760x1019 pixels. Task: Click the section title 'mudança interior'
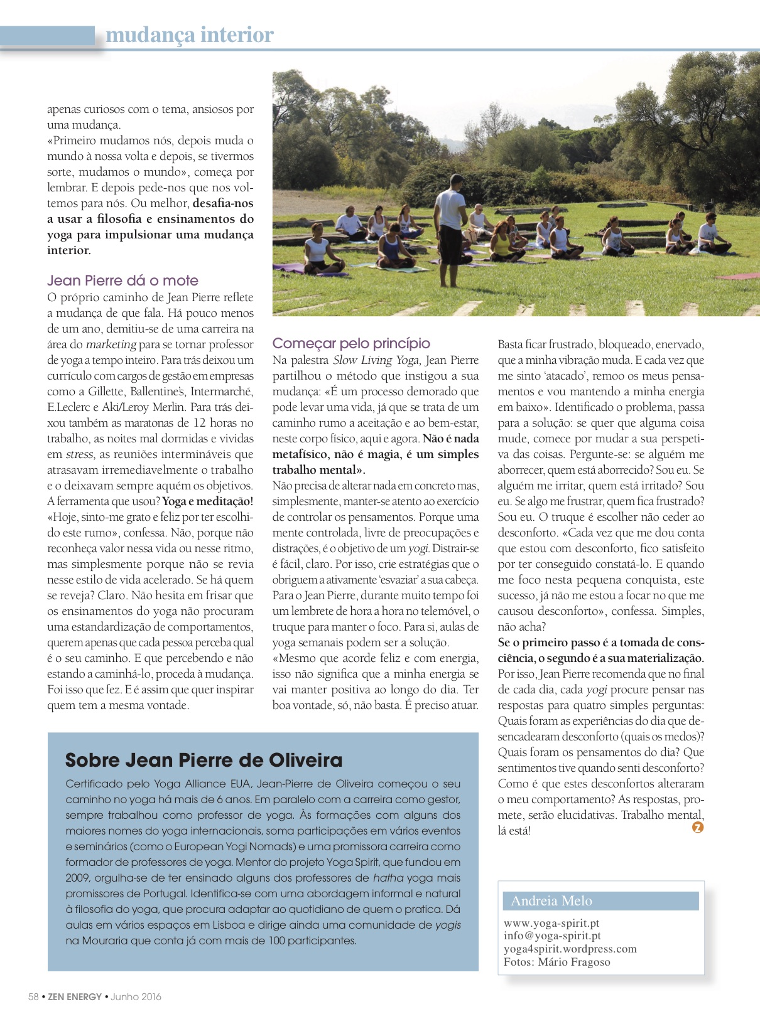[189, 35]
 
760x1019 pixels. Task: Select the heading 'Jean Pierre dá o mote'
[122, 280]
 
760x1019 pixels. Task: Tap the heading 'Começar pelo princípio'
[351, 343]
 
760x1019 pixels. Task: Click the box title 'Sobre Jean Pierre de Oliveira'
[204, 760]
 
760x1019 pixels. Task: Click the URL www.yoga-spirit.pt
[551, 923]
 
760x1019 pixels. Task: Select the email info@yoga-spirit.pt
[552, 936]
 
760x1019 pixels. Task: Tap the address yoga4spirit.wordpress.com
[570, 949]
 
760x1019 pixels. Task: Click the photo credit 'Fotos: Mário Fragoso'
[556, 962]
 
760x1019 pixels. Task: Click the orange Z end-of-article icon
[697, 827]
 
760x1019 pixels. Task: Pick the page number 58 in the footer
[33, 996]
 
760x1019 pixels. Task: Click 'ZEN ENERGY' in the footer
[75, 996]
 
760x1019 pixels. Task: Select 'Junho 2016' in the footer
[136, 996]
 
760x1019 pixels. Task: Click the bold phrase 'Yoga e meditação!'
[208, 501]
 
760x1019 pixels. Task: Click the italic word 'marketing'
[111, 344]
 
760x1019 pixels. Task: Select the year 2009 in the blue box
[78, 878]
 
